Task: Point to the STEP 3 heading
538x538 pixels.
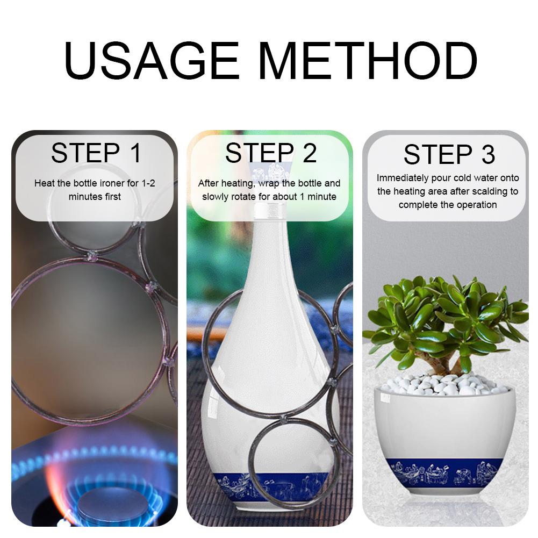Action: [449, 155]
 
